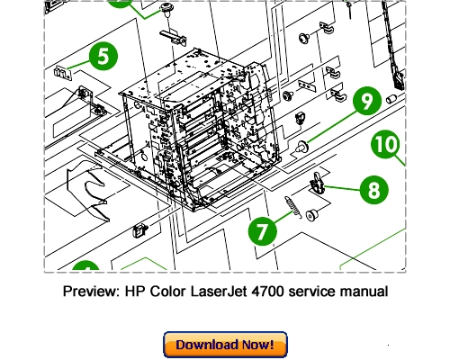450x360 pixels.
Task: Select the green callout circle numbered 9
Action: coord(366,102)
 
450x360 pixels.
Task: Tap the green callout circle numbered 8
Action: coord(373,190)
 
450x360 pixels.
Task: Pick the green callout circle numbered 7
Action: coord(262,230)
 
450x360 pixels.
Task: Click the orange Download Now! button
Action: coord(225,344)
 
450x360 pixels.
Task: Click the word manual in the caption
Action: coord(364,292)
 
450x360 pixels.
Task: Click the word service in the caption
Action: coord(315,292)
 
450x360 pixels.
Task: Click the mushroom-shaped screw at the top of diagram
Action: coord(166,8)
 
